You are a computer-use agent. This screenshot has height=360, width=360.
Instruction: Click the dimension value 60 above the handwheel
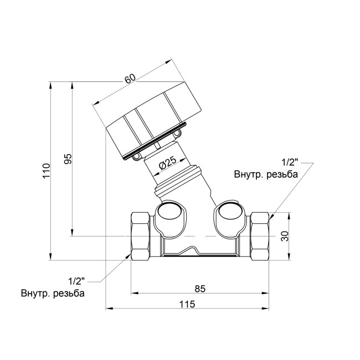pyautogui.click(x=130, y=79)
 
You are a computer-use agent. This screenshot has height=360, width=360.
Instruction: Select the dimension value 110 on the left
pyautogui.click(x=46, y=171)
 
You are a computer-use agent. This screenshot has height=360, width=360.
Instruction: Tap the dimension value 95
pyautogui.click(x=68, y=160)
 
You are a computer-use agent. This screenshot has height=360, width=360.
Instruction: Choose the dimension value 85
pyautogui.click(x=200, y=288)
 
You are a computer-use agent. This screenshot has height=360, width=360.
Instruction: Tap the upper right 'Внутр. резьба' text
pyautogui.click(x=266, y=174)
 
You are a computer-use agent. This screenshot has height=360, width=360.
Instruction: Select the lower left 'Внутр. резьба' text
pyautogui.click(x=53, y=294)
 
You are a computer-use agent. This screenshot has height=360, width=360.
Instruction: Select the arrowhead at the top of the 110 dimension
pyautogui.click(x=51, y=85)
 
